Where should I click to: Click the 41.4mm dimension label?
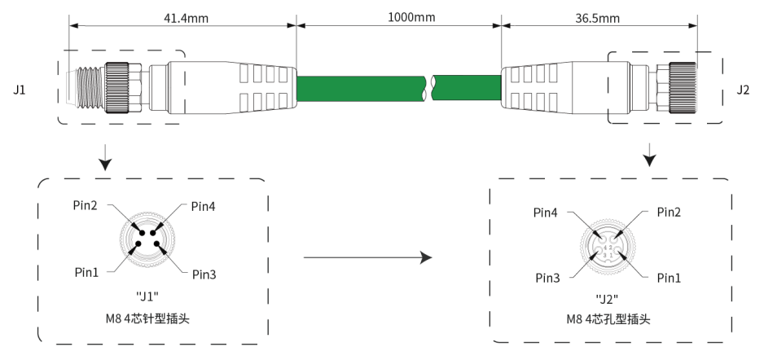point(187,19)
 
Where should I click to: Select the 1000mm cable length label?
point(411,18)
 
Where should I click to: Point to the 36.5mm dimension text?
point(597,19)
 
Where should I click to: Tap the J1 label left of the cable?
point(20,90)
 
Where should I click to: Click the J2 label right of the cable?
point(743,90)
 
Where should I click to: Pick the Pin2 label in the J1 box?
point(86,205)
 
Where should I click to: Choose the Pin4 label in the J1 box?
point(203,207)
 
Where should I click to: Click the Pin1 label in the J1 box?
point(86,273)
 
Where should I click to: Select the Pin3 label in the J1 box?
point(204,274)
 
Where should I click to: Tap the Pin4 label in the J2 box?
point(546,213)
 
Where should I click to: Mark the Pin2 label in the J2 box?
point(669,212)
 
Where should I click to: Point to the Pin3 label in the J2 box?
point(547,279)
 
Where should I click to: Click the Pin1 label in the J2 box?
point(669,279)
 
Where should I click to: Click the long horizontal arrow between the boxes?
point(368,257)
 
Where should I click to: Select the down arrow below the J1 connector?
point(105,157)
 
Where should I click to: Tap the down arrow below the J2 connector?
point(649,155)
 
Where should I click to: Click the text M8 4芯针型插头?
point(147,319)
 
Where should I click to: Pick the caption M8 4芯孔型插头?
point(608,319)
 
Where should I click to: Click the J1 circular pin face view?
point(147,238)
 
